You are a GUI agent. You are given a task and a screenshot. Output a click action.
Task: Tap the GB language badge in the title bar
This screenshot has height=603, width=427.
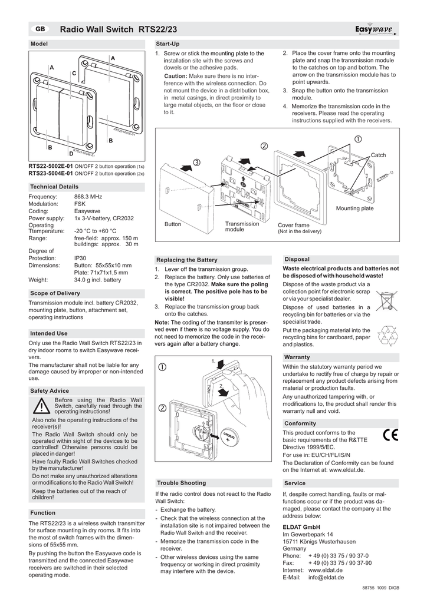click(x=40, y=29)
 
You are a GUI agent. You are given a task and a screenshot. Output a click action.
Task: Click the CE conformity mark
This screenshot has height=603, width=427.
click(x=390, y=435)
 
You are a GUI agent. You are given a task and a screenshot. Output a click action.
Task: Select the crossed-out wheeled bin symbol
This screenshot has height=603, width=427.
click(x=387, y=301)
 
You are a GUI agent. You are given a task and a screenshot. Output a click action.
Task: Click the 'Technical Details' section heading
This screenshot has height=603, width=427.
click(x=54, y=186)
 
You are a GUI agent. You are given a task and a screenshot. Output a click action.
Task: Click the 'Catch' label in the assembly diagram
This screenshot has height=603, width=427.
click(x=378, y=155)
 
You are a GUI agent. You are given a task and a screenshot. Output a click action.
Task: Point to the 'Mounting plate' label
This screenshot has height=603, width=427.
click(x=354, y=208)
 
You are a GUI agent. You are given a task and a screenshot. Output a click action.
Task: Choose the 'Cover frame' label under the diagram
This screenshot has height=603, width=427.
click(x=293, y=225)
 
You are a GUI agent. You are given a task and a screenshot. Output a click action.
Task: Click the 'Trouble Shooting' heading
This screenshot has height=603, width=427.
click(x=182, y=482)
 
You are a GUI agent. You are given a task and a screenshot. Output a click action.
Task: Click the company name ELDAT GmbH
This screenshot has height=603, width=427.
click(x=301, y=526)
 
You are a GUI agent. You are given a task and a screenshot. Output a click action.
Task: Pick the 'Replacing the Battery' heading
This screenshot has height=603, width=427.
click(x=186, y=260)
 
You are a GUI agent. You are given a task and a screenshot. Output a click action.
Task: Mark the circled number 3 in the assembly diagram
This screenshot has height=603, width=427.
click(x=196, y=162)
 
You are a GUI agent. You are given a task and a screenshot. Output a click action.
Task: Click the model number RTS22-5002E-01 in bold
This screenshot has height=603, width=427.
click(x=51, y=166)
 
